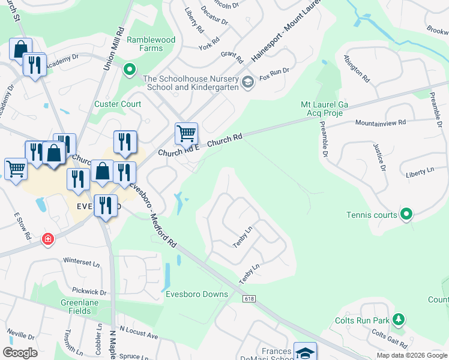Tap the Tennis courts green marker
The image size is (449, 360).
point(406,214)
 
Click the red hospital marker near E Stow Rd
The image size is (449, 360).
point(47,239)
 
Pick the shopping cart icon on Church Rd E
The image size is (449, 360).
point(186,133)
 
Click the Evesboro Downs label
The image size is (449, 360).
point(197,294)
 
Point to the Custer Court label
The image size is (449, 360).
point(118,104)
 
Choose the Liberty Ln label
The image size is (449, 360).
point(420,172)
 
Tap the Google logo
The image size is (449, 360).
point(20,353)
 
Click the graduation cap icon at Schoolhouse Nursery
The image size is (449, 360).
point(247,82)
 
